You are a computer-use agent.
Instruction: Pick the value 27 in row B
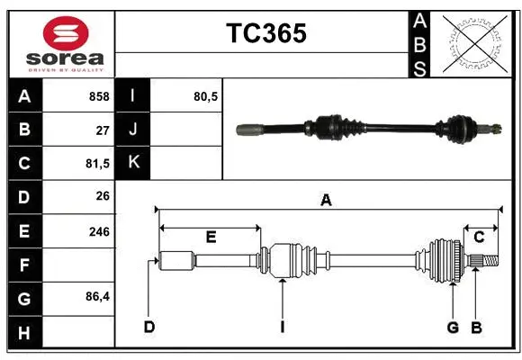[103, 130]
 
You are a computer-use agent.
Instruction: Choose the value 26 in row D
[103, 196]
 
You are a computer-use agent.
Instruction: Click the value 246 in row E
[99, 231]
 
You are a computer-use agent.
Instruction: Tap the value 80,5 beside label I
[206, 96]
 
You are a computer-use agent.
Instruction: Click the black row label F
[23, 266]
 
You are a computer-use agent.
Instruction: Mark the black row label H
[23, 333]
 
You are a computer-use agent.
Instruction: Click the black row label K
[133, 163]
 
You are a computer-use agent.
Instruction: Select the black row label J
[133, 130]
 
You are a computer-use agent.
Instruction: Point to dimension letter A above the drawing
[326, 202]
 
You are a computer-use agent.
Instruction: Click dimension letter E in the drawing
[211, 238]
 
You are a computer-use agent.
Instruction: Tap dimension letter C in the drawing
[479, 238]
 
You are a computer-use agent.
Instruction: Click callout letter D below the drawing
[148, 327]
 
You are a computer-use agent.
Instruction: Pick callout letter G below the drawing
[453, 327]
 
